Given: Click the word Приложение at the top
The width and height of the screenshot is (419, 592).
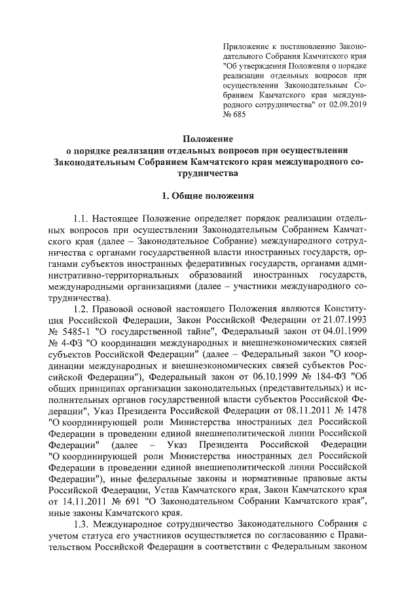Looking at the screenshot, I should (x=243, y=48).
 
